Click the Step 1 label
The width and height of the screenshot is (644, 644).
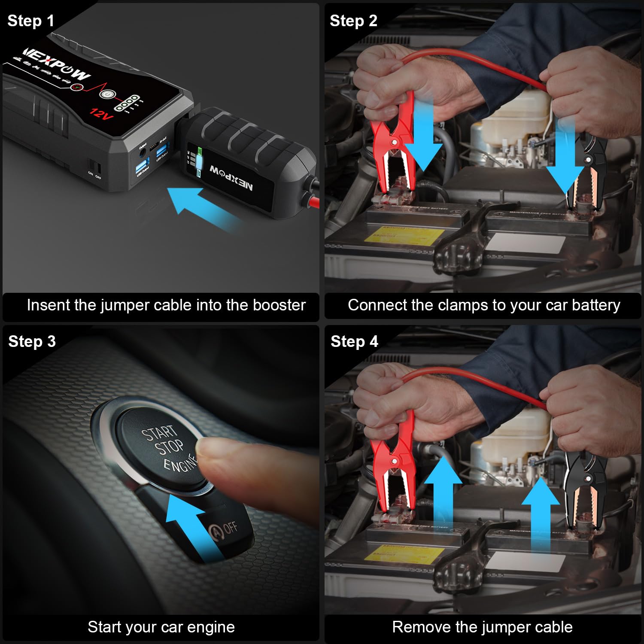coord(30,21)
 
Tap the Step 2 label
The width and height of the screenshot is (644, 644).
coord(353,21)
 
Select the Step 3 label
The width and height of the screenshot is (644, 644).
coord(32,341)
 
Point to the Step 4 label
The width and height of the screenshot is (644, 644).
coord(354,341)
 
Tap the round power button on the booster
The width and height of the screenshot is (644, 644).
coord(106,94)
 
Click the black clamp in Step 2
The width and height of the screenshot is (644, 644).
coord(586,172)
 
